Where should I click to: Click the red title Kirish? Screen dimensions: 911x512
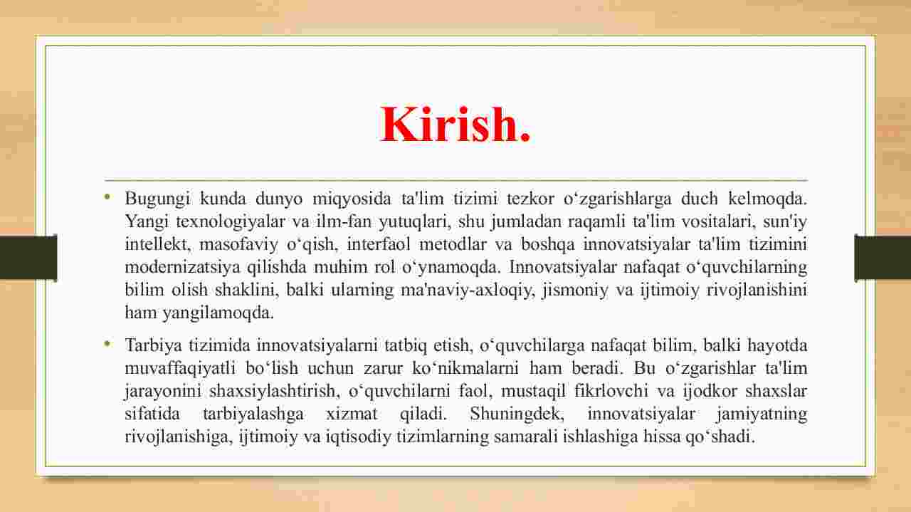[x=455, y=124]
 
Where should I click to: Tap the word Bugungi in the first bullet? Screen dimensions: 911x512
[x=157, y=199]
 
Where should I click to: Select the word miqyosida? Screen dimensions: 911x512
[x=352, y=199]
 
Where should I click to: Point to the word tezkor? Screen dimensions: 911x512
[x=530, y=199]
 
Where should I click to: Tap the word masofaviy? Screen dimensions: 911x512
[x=238, y=245]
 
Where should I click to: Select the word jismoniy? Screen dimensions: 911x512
[x=575, y=291]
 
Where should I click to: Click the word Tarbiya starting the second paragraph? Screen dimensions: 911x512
[x=153, y=346]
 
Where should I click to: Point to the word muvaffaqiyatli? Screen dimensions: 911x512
[x=180, y=369]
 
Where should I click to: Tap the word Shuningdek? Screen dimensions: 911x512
[x=517, y=414]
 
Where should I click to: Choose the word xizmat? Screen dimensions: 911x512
[x=352, y=414]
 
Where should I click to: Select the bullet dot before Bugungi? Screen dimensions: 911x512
[x=107, y=198]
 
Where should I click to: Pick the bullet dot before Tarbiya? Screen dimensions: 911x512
[x=107, y=345]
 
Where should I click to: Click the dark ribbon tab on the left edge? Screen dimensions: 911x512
[x=28, y=257]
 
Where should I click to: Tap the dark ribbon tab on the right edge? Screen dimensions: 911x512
[x=883, y=257]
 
